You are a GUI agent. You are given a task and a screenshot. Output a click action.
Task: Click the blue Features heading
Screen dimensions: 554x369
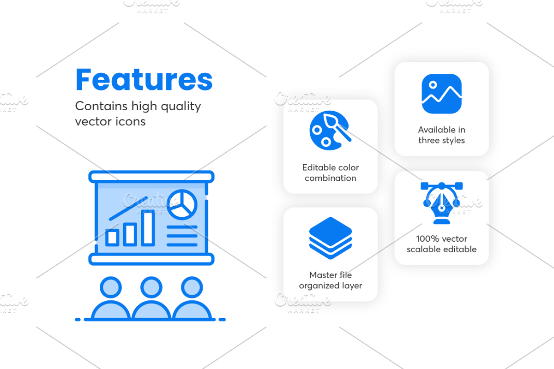coord(144,80)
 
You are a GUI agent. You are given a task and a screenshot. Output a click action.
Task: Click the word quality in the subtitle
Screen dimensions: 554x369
coord(181,107)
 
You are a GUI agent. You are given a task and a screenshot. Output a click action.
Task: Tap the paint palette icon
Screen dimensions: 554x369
coord(330,130)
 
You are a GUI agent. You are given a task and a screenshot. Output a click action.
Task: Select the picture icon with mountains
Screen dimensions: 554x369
coord(441,94)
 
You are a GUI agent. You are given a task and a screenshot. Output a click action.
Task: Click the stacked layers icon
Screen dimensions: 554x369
coord(331,238)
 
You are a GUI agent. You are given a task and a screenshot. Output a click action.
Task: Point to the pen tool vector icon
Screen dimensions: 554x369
coord(442,203)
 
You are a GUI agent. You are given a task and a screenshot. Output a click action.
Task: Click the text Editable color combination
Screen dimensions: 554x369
coord(331,173)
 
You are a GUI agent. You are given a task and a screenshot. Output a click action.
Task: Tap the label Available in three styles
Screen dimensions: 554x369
coord(442,135)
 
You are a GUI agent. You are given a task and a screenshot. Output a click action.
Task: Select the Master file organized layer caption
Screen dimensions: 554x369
coord(331,280)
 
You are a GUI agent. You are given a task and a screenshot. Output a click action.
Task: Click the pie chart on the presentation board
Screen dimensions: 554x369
coord(182,205)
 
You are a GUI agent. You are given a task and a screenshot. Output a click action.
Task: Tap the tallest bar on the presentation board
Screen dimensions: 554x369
coord(148,229)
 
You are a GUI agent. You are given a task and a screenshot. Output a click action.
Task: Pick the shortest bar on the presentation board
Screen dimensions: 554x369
coord(112,238)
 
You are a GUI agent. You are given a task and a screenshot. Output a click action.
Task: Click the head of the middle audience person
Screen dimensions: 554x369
coord(151,287)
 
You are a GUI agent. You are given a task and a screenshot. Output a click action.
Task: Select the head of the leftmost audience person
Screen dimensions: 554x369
coord(111,287)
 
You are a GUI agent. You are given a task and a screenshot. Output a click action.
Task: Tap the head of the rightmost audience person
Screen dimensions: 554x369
coord(192,287)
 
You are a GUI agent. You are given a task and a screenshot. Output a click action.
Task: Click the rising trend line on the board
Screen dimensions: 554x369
coord(128,208)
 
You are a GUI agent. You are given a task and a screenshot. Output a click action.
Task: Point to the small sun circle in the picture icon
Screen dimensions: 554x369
coord(433,85)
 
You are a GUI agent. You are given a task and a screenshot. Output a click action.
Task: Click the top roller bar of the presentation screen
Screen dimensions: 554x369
coord(151,177)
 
